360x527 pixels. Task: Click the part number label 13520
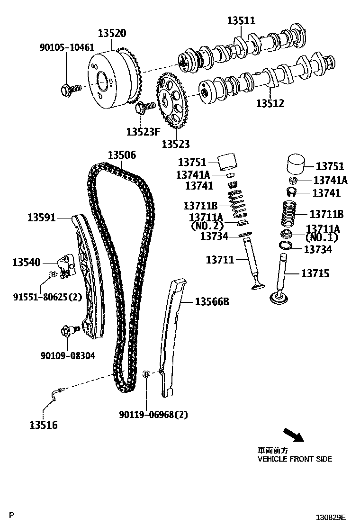112,33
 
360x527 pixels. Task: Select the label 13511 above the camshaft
241,20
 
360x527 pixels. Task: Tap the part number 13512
270,103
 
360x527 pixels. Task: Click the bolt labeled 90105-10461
67,88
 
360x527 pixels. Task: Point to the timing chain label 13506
121,155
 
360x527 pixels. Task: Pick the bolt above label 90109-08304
67,332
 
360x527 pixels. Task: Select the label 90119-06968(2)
153,415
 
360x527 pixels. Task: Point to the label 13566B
212,301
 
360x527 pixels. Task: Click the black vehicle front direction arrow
293,435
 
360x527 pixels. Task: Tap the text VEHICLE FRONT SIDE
294,459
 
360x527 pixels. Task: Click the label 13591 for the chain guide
41,218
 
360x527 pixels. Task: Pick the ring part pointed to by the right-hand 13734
286,246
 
